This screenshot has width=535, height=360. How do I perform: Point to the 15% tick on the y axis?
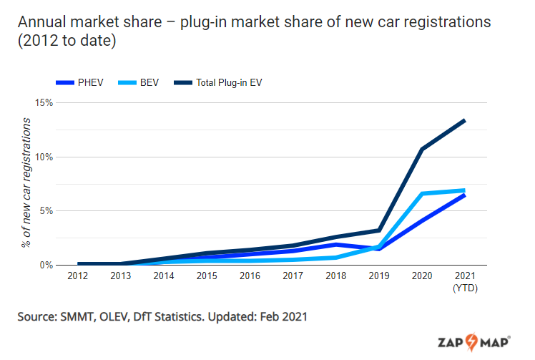point(44,102)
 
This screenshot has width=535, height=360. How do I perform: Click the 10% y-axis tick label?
point(44,157)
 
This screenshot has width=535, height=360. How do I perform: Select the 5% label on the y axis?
point(46,211)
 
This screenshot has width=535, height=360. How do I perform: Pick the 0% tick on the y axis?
point(46,265)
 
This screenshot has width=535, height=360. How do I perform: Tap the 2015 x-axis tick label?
point(207,276)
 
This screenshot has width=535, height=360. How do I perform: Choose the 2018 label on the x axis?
point(335,276)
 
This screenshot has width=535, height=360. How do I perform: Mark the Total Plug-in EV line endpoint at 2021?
point(465,120)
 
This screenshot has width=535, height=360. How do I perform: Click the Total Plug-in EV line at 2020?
point(422,149)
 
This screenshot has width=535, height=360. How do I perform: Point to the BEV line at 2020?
point(422,194)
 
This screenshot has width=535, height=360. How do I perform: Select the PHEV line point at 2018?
point(335,244)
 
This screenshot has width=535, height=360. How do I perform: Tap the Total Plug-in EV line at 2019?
point(379,230)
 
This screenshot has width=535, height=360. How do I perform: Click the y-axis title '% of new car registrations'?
point(26,182)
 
